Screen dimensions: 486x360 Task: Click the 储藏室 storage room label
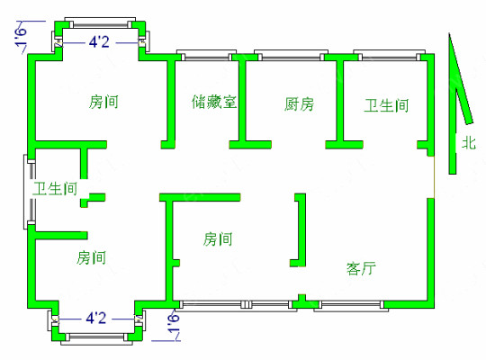(x=214, y=102)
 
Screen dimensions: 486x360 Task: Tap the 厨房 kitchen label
(x=299, y=104)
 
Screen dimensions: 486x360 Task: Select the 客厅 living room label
(x=362, y=268)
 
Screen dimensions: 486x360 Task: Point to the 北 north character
(x=469, y=143)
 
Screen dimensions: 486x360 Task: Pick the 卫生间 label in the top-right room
(x=386, y=105)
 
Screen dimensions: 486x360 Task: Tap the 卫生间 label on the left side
(x=55, y=188)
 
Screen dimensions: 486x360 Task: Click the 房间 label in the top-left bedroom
(x=103, y=102)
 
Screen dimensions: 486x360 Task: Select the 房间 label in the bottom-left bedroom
(x=91, y=257)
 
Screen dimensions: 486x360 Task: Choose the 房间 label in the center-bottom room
(x=218, y=239)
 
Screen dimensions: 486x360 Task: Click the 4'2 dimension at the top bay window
(x=99, y=42)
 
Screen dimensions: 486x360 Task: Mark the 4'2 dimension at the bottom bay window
(x=95, y=318)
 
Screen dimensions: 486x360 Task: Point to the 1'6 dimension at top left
(x=21, y=37)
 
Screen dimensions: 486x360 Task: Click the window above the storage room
(x=206, y=55)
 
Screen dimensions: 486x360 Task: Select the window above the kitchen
(x=291, y=55)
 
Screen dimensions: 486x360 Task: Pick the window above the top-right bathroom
(x=390, y=55)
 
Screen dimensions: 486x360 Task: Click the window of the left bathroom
(x=30, y=192)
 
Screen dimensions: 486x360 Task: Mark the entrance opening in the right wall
(x=434, y=176)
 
